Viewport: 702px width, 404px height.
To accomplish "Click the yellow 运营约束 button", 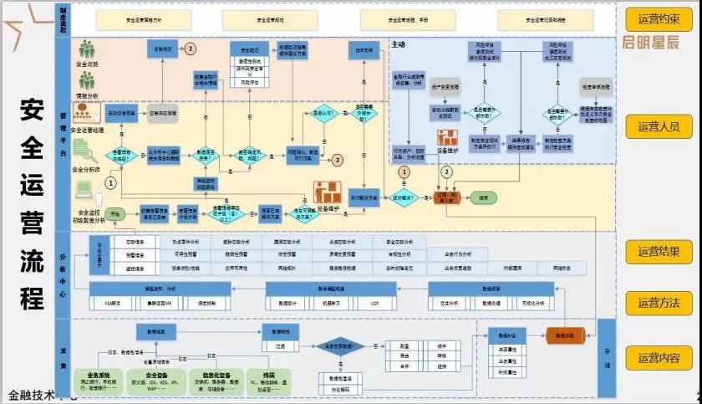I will tap(659, 18).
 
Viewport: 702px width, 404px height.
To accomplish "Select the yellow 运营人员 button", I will tap(659, 126).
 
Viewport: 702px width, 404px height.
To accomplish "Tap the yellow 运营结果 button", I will tap(659, 251).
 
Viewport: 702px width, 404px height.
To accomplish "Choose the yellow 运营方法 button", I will tap(659, 303).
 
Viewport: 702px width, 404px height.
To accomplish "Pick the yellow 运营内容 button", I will tap(659, 359).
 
